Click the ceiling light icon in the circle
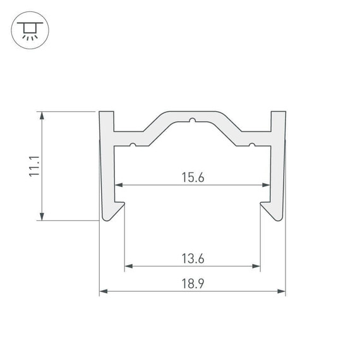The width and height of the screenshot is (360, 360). [28, 30]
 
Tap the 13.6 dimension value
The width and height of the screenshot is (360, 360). [193, 258]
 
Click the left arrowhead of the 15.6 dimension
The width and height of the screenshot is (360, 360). [119, 186]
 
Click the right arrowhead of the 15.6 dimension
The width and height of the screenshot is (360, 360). [267, 186]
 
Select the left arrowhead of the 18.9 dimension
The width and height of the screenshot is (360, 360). [104, 291]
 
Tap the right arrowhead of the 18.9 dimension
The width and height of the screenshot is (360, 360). [282, 291]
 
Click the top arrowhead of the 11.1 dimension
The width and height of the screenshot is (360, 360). [42, 116]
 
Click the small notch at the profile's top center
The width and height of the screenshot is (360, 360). [192, 119]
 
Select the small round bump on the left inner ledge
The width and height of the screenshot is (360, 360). [133, 145]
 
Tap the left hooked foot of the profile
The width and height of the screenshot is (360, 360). [113, 211]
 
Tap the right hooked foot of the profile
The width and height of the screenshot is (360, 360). [272, 211]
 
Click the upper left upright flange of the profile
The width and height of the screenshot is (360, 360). [107, 123]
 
